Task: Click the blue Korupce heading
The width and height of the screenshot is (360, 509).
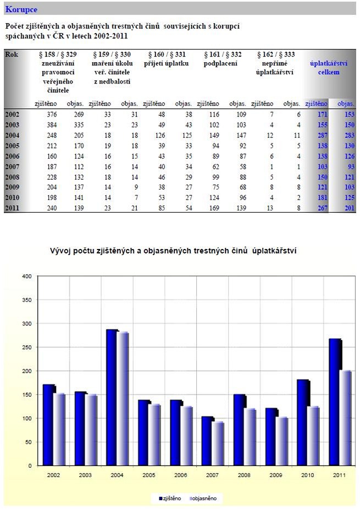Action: [x=21, y=9]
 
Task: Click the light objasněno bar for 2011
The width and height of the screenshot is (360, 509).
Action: [x=346, y=418]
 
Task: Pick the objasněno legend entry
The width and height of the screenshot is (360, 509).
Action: [x=202, y=498]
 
